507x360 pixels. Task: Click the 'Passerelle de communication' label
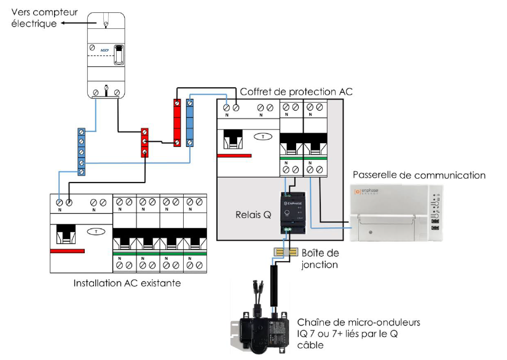(x=418, y=175)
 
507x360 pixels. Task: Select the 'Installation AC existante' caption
(x=127, y=284)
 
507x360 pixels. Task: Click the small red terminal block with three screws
(x=145, y=143)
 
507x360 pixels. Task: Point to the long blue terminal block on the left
(x=81, y=151)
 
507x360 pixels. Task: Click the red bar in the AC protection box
(x=234, y=156)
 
